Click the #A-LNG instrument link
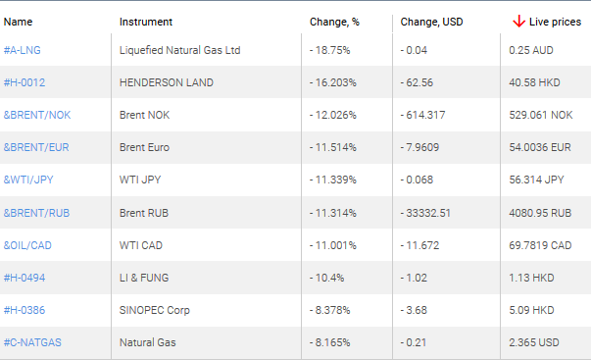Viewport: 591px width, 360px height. click(23, 50)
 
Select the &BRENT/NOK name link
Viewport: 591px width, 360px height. click(37, 115)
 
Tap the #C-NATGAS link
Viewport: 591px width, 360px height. click(33, 343)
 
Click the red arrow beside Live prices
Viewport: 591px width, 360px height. click(518, 21)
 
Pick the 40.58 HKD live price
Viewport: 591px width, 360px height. click(536, 82)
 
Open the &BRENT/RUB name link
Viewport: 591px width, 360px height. click(37, 213)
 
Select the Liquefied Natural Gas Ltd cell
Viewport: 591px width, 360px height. click(180, 50)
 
